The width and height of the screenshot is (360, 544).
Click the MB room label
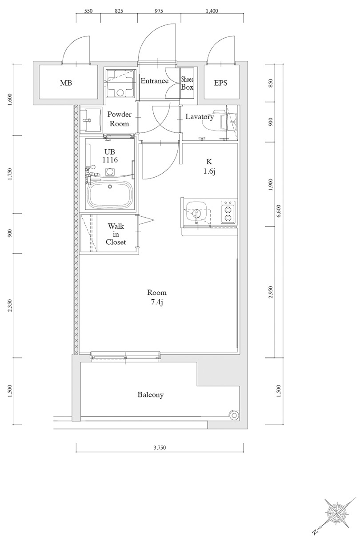(66, 83)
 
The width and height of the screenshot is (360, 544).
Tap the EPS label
(221, 83)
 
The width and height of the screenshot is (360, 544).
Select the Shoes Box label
(187, 83)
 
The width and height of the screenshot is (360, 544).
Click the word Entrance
(154, 81)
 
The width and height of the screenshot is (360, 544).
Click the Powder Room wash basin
(91, 120)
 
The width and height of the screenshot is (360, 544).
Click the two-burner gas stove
(228, 212)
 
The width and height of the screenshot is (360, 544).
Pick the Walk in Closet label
(116, 234)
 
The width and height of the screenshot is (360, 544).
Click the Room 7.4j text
(157, 297)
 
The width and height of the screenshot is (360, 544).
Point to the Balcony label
(151, 395)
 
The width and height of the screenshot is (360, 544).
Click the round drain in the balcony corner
(234, 416)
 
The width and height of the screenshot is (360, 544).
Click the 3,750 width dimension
(160, 447)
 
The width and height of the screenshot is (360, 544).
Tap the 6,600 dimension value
(279, 211)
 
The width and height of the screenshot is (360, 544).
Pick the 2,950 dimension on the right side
(271, 292)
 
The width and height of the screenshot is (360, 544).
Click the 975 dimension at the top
(159, 11)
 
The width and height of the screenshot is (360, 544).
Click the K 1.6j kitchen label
(209, 167)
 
